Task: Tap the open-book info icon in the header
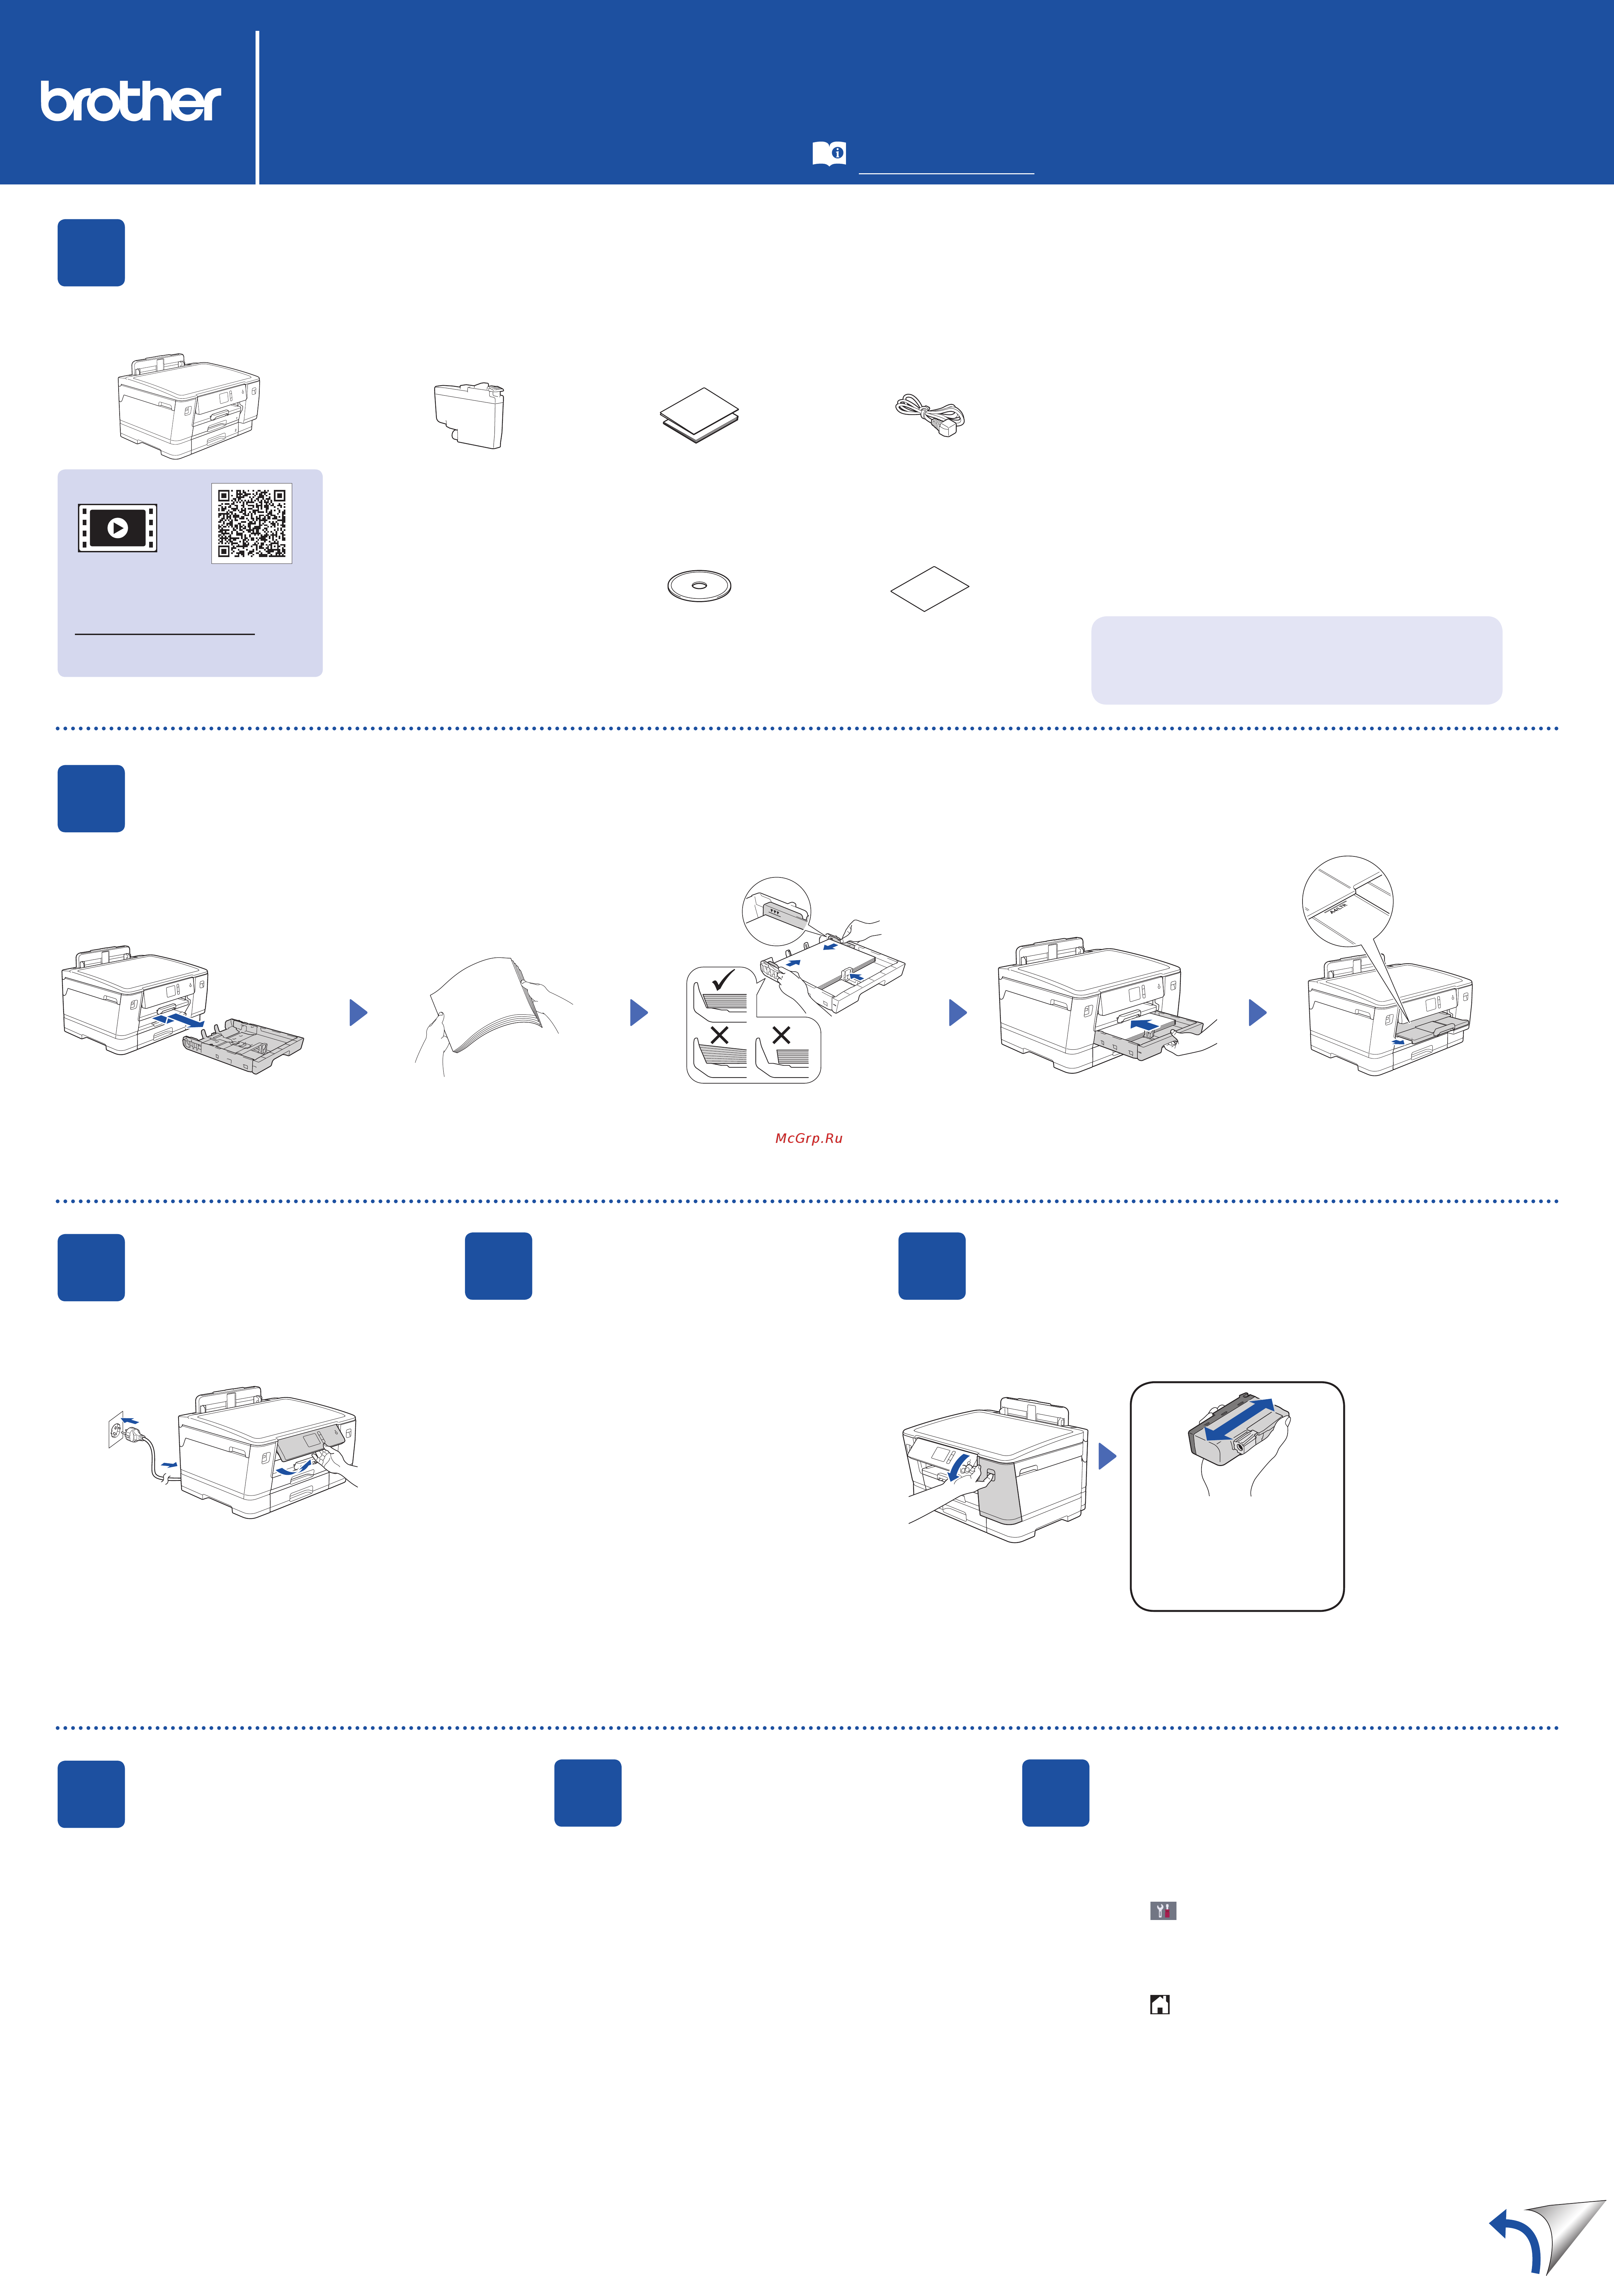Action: [x=829, y=153]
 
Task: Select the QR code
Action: [x=251, y=523]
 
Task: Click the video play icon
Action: [x=117, y=528]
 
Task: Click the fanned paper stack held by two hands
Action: [x=487, y=1004]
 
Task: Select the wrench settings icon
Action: [x=1163, y=1910]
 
